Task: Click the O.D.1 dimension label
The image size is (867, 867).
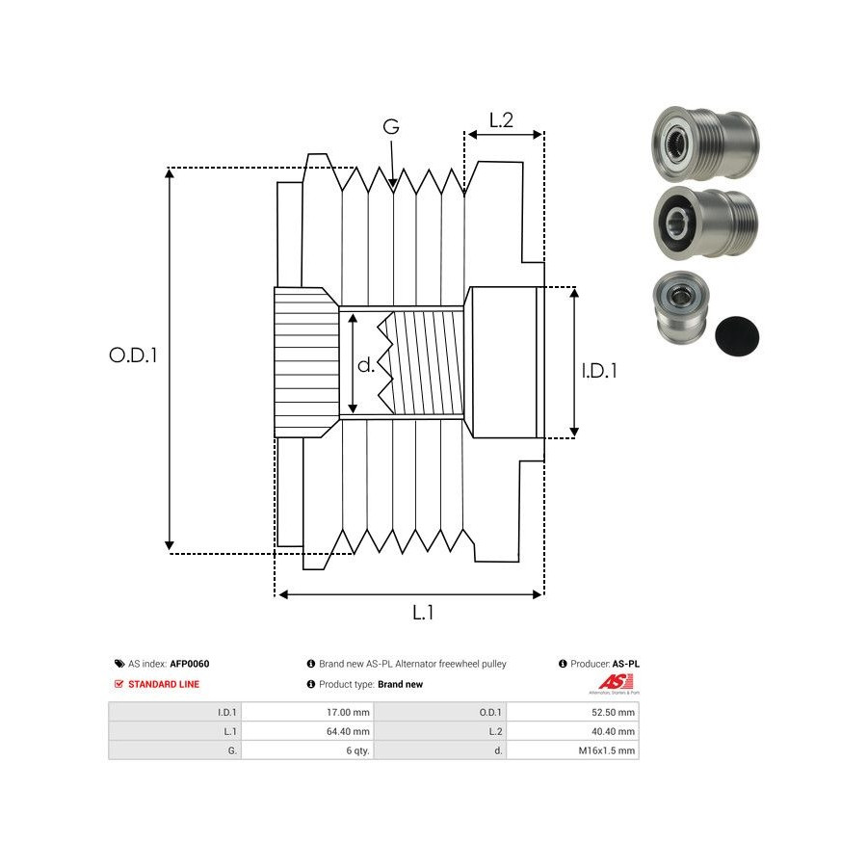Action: coord(133,355)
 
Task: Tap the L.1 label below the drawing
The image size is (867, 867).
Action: coord(423,612)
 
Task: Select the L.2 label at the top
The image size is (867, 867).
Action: coord(501,120)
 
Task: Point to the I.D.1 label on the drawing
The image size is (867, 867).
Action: coord(599,369)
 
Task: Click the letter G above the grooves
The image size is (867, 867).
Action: coord(391,127)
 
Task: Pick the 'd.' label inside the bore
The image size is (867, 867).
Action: coord(366,365)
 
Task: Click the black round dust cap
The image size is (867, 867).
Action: coord(738,334)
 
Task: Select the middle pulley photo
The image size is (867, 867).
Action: coord(705,223)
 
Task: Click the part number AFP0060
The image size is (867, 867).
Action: coord(190,664)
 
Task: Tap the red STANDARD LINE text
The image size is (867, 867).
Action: coord(164,684)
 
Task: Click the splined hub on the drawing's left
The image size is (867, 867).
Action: coord(305,362)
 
